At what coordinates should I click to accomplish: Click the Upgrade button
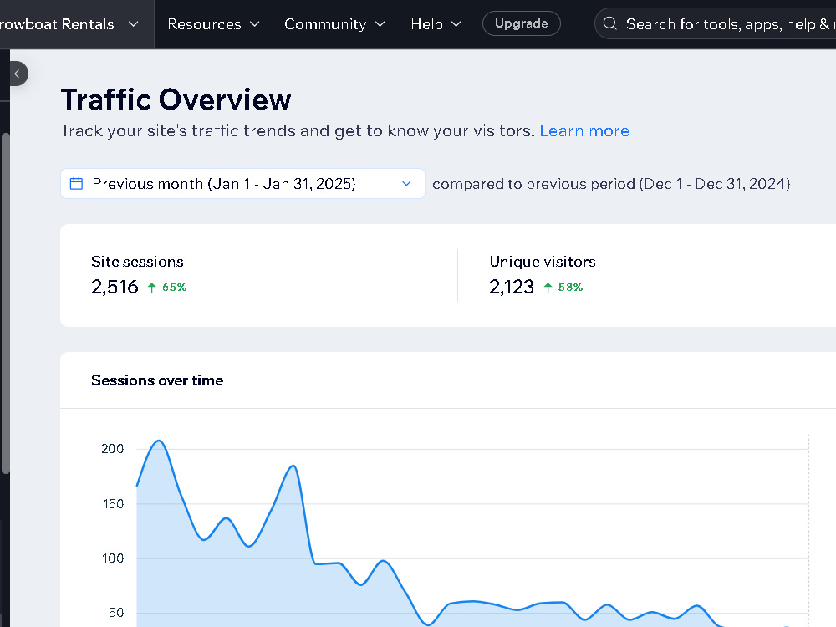click(x=521, y=23)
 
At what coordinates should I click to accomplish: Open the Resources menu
click(x=213, y=24)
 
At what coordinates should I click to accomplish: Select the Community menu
click(x=334, y=24)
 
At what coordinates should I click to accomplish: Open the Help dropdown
click(x=436, y=24)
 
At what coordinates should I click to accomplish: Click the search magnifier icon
click(x=610, y=23)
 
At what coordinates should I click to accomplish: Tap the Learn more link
click(x=584, y=130)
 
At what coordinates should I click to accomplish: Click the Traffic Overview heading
click(x=176, y=99)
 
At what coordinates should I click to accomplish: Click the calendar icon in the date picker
click(x=76, y=183)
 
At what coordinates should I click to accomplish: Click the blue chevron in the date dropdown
click(x=406, y=183)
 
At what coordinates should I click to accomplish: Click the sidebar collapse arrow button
click(x=17, y=74)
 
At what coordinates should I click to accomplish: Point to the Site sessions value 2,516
click(x=115, y=287)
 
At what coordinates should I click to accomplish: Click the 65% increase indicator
click(x=167, y=288)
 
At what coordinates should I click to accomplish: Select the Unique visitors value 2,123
click(x=512, y=287)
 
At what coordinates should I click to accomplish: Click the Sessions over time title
click(x=157, y=380)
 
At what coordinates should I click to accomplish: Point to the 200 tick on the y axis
click(x=113, y=449)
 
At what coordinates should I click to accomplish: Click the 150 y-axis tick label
click(x=113, y=504)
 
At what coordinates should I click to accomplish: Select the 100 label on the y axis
click(x=113, y=558)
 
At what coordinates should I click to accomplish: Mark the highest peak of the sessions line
click(x=159, y=441)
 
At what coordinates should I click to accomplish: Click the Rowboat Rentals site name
click(x=57, y=24)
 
